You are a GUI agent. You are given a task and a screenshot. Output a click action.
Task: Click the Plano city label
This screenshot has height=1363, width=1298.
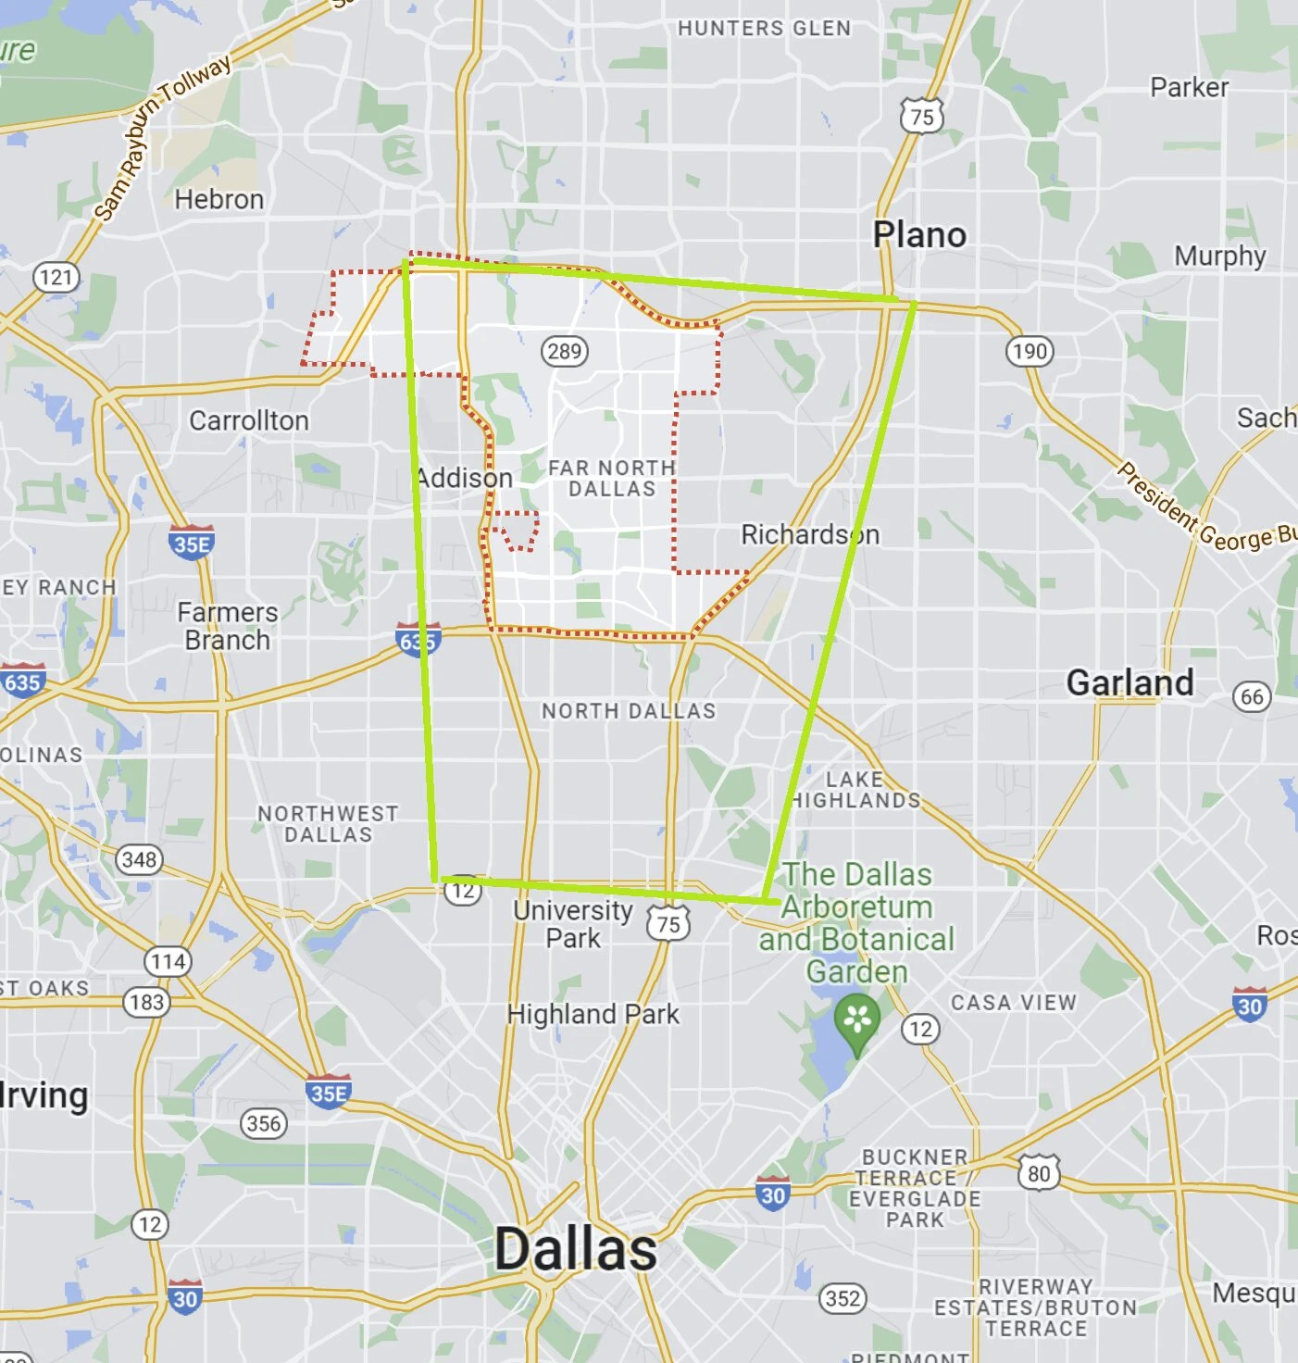pyautogui.click(x=919, y=235)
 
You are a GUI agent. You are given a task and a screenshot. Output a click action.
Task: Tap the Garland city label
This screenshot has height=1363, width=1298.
pyautogui.click(x=1130, y=682)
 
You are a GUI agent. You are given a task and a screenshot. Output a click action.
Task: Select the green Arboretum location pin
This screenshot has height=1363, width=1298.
pyautogui.click(x=857, y=1021)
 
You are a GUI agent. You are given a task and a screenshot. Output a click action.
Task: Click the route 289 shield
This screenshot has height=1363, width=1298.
pyautogui.click(x=564, y=351)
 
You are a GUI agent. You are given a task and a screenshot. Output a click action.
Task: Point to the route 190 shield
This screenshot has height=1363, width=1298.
pyautogui.click(x=1030, y=351)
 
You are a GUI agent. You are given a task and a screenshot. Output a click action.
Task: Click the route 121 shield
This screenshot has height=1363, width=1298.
pyautogui.click(x=56, y=277)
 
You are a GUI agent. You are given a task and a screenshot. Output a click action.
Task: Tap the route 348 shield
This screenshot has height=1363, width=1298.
pyautogui.click(x=139, y=859)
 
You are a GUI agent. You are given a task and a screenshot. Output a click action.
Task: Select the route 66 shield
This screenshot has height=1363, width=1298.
pyautogui.click(x=1252, y=696)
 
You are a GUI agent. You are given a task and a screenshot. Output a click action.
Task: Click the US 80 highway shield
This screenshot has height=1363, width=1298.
pyautogui.click(x=1039, y=1173)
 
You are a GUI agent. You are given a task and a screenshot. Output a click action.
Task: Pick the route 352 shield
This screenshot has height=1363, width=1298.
pyautogui.click(x=842, y=1298)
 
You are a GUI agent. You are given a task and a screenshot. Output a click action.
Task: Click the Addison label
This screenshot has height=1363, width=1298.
pyautogui.click(x=465, y=478)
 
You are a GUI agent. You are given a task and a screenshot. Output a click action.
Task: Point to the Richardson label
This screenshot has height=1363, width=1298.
pyautogui.click(x=810, y=534)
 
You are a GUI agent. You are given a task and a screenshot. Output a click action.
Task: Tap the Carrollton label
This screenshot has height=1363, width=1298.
pyautogui.click(x=249, y=420)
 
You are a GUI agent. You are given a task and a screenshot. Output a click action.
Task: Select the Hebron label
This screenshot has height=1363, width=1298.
pyautogui.click(x=219, y=199)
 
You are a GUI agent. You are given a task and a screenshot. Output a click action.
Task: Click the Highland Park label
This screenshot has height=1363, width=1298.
pyautogui.click(x=593, y=1014)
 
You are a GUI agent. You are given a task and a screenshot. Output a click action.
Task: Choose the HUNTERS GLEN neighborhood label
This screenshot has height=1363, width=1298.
pyautogui.click(x=764, y=28)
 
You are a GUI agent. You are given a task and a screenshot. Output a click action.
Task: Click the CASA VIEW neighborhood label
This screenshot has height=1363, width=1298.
pyautogui.click(x=1014, y=1002)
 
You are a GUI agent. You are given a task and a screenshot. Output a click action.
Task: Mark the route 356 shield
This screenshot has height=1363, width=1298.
pyautogui.click(x=264, y=1123)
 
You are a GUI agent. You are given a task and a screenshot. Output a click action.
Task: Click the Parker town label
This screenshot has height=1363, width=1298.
pyautogui.click(x=1189, y=87)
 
